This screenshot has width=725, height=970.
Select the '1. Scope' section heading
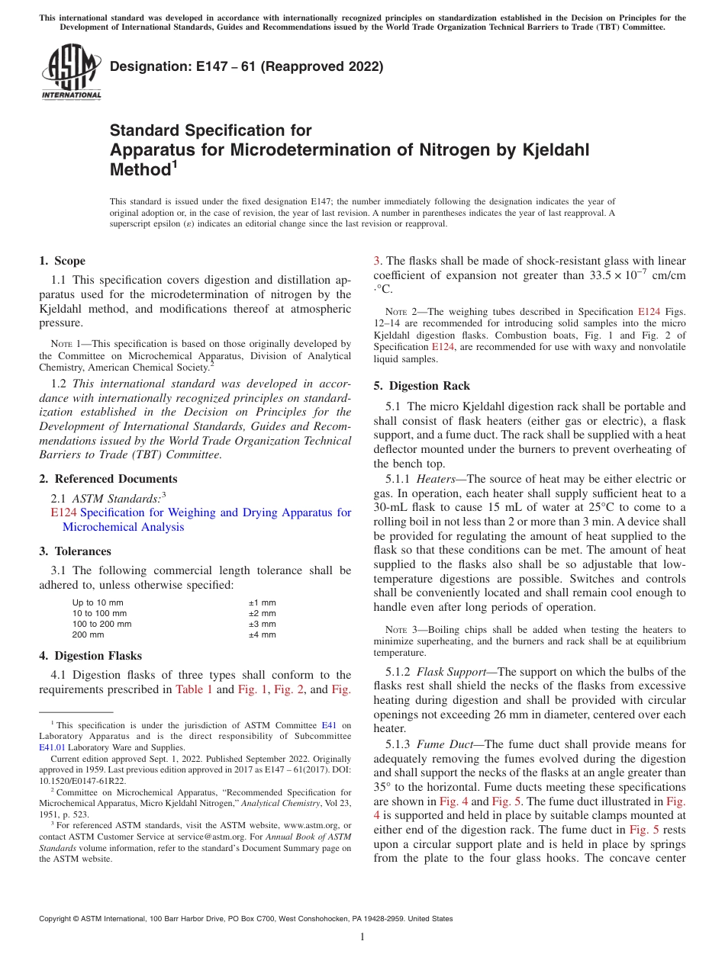click(x=63, y=261)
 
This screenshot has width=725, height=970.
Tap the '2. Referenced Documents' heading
click(x=108, y=479)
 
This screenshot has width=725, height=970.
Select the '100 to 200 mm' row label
click(x=101, y=624)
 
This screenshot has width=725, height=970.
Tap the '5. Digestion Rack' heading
click(x=422, y=386)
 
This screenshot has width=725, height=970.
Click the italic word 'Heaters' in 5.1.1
click(x=436, y=479)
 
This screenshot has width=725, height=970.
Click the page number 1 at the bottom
click(x=362, y=937)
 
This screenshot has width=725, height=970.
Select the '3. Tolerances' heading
click(x=75, y=551)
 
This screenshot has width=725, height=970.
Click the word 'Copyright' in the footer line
click(x=56, y=919)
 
